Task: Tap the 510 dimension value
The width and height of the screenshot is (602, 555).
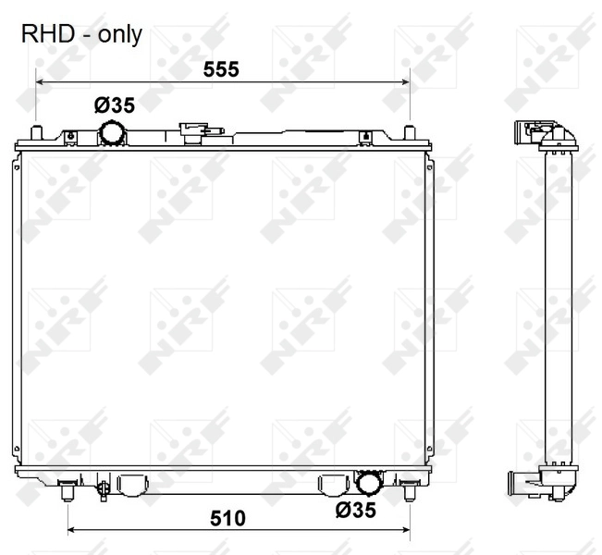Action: (227, 519)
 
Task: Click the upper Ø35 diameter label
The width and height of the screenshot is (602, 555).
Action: (114, 105)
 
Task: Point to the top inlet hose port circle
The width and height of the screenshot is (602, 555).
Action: (113, 134)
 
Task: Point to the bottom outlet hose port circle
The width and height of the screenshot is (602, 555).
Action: (369, 482)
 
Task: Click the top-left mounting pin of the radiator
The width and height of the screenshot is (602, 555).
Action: (36, 133)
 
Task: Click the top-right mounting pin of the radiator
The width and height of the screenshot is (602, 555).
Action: (409, 133)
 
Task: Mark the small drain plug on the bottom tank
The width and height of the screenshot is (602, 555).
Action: (102, 485)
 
